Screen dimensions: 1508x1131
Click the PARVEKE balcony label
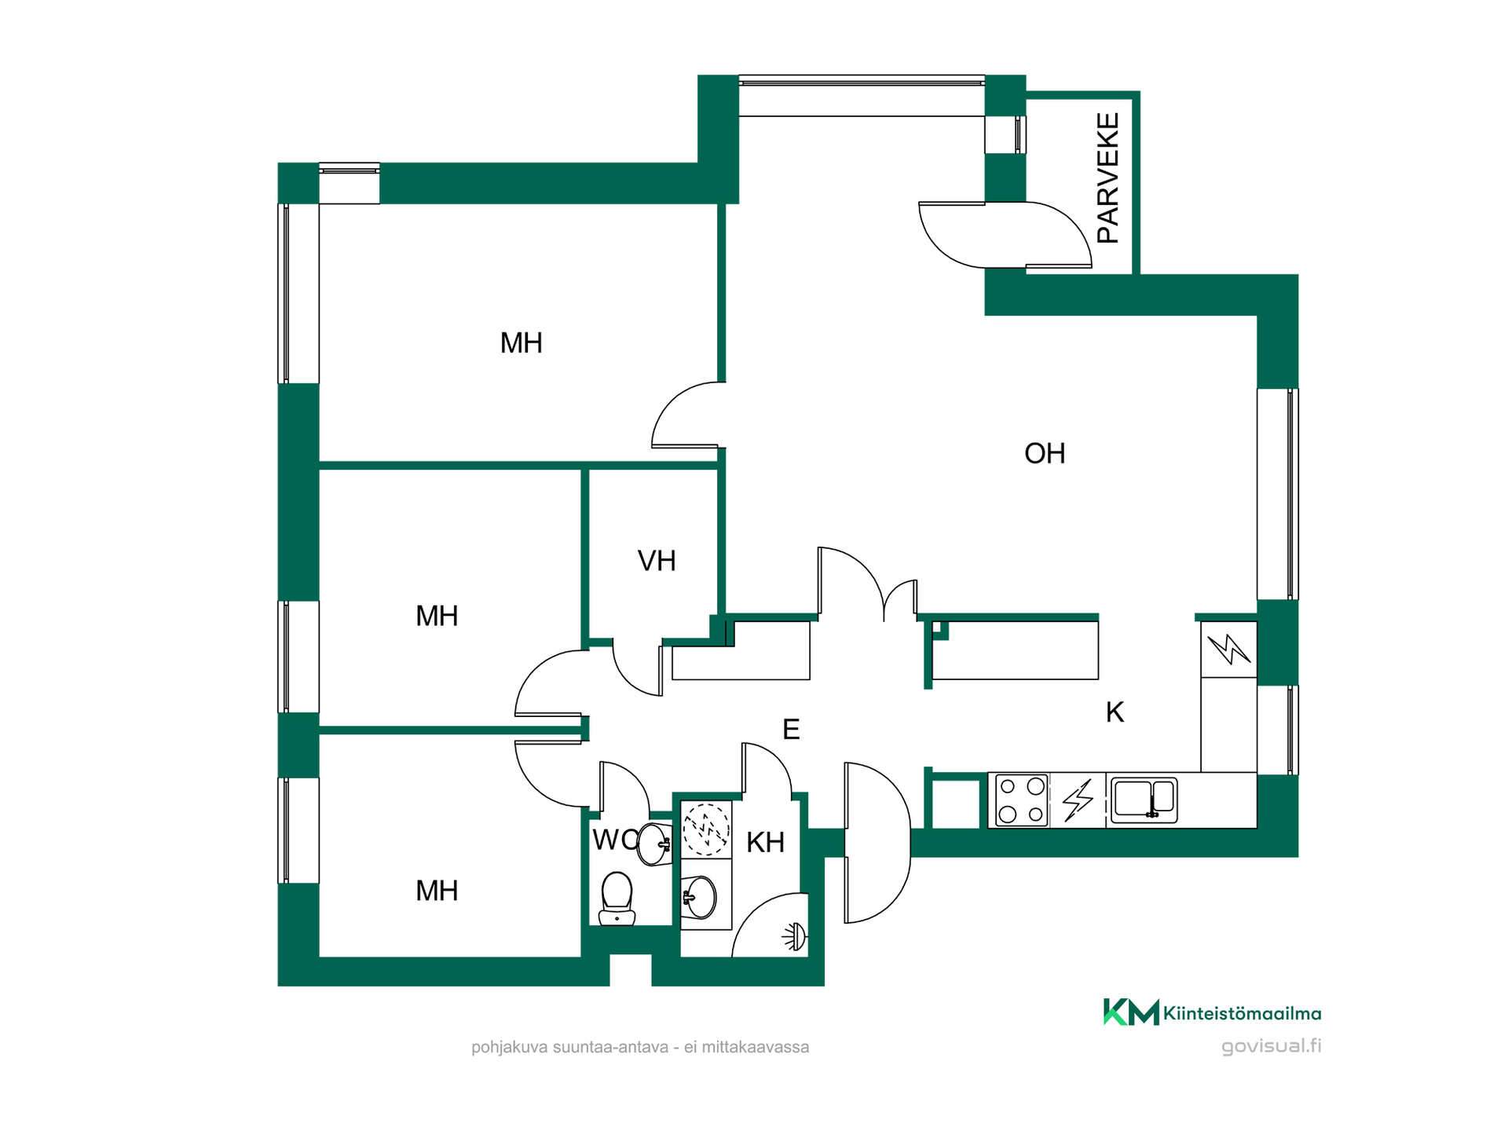pyautogui.click(x=1108, y=178)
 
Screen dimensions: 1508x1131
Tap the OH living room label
pyautogui.click(x=1045, y=453)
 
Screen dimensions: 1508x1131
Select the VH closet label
pyautogui.click(x=657, y=561)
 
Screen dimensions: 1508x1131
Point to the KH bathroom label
pyautogui.click(x=765, y=842)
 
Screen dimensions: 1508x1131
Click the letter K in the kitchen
pyautogui.click(x=1115, y=712)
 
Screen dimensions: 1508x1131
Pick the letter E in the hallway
pyautogui.click(x=791, y=730)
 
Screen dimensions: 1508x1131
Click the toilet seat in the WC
pyautogui.click(x=617, y=899)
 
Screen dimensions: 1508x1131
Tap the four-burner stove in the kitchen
pyautogui.click(x=1021, y=800)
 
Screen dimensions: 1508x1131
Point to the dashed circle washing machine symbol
pyautogui.click(x=706, y=829)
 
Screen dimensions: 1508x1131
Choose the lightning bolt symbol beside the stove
pyautogui.click(x=1078, y=800)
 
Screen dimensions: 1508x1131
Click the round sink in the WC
pyautogui.click(x=654, y=844)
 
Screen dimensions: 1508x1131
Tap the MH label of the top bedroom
pyautogui.click(x=522, y=343)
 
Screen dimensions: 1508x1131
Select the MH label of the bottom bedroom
pyautogui.click(x=437, y=891)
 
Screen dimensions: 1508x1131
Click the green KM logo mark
pyautogui.click(x=1131, y=1012)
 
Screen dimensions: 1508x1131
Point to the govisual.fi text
pyautogui.click(x=1271, y=1046)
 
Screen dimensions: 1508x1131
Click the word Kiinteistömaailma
pyautogui.click(x=1242, y=1013)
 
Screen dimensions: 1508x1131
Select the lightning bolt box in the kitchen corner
pyautogui.click(x=1228, y=650)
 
